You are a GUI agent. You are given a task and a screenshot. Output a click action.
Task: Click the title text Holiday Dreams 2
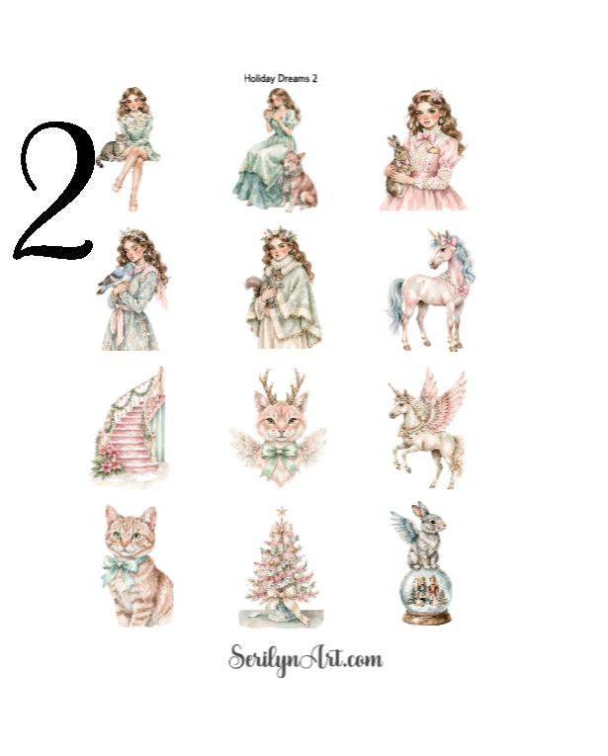click(281, 77)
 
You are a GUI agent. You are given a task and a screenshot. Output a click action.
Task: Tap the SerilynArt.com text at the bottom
click(304, 658)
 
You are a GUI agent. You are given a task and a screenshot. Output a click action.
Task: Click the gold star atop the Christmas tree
click(280, 511)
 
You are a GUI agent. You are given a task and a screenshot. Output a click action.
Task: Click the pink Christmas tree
click(280, 568)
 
